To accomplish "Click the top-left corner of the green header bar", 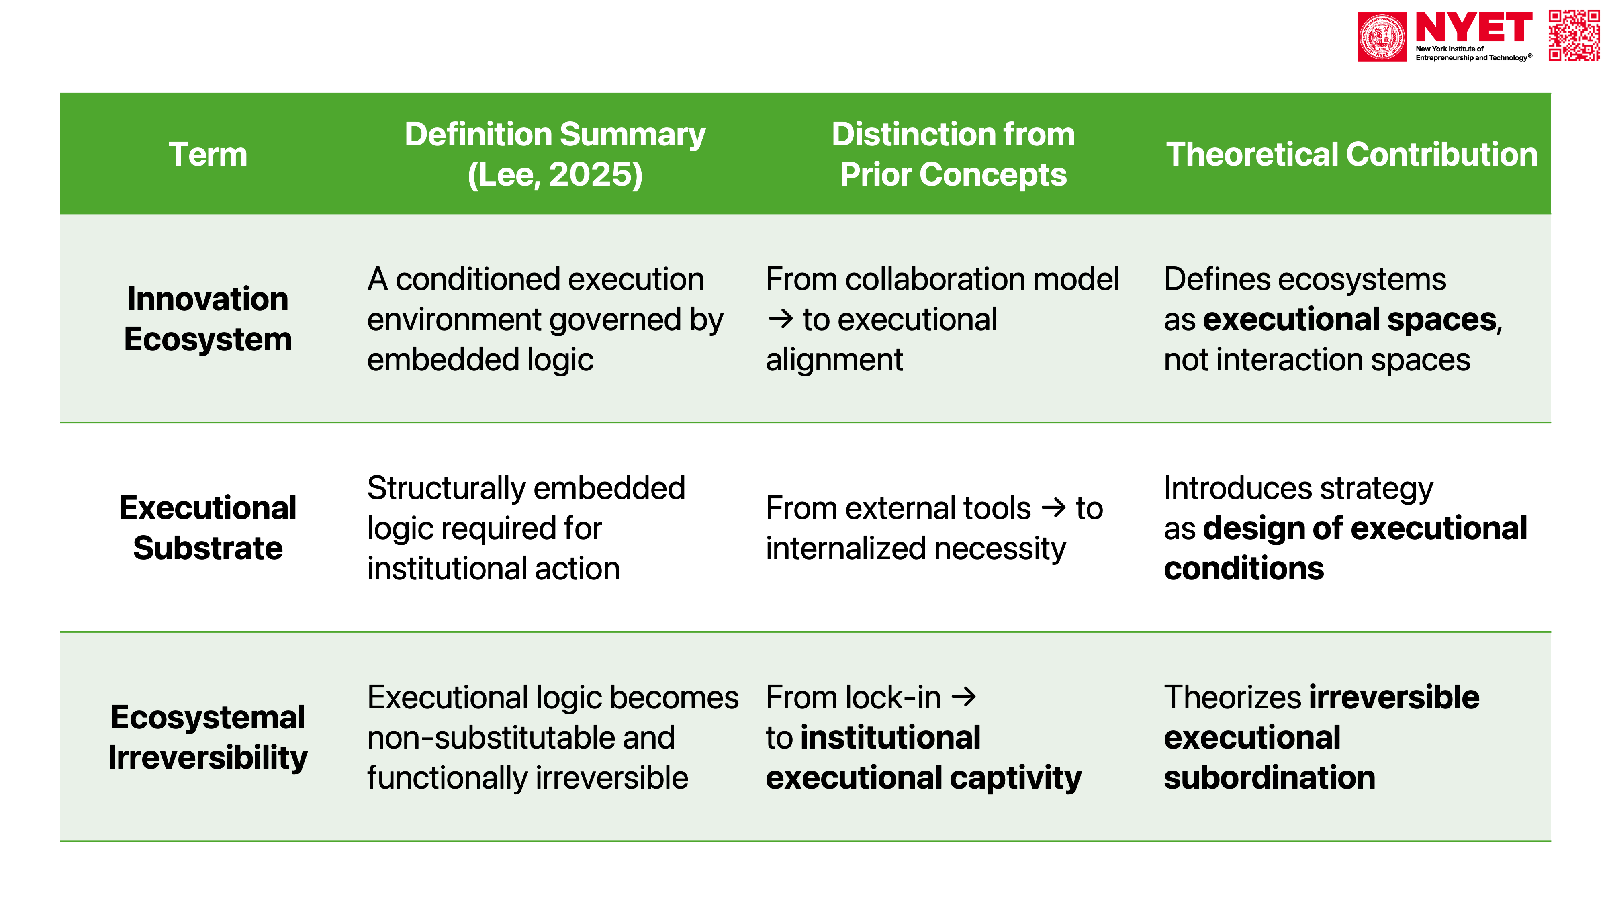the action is (x=61, y=93).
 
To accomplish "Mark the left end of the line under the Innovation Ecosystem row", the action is (x=61, y=423).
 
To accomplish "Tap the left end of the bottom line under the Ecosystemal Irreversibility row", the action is (x=61, y=841).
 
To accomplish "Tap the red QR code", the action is (x=1574, y=36).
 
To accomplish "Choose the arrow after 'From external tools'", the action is (x=1054, y=508).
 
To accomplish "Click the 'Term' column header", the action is (x=208, y=154).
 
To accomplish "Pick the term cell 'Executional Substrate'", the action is (x=208, y=528).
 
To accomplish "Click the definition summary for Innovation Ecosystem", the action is (x=545, y=319).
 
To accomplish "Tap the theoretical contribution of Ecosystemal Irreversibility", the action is (x=1321, y=737).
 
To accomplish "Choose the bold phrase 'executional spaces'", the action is (x=1350, y=319).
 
